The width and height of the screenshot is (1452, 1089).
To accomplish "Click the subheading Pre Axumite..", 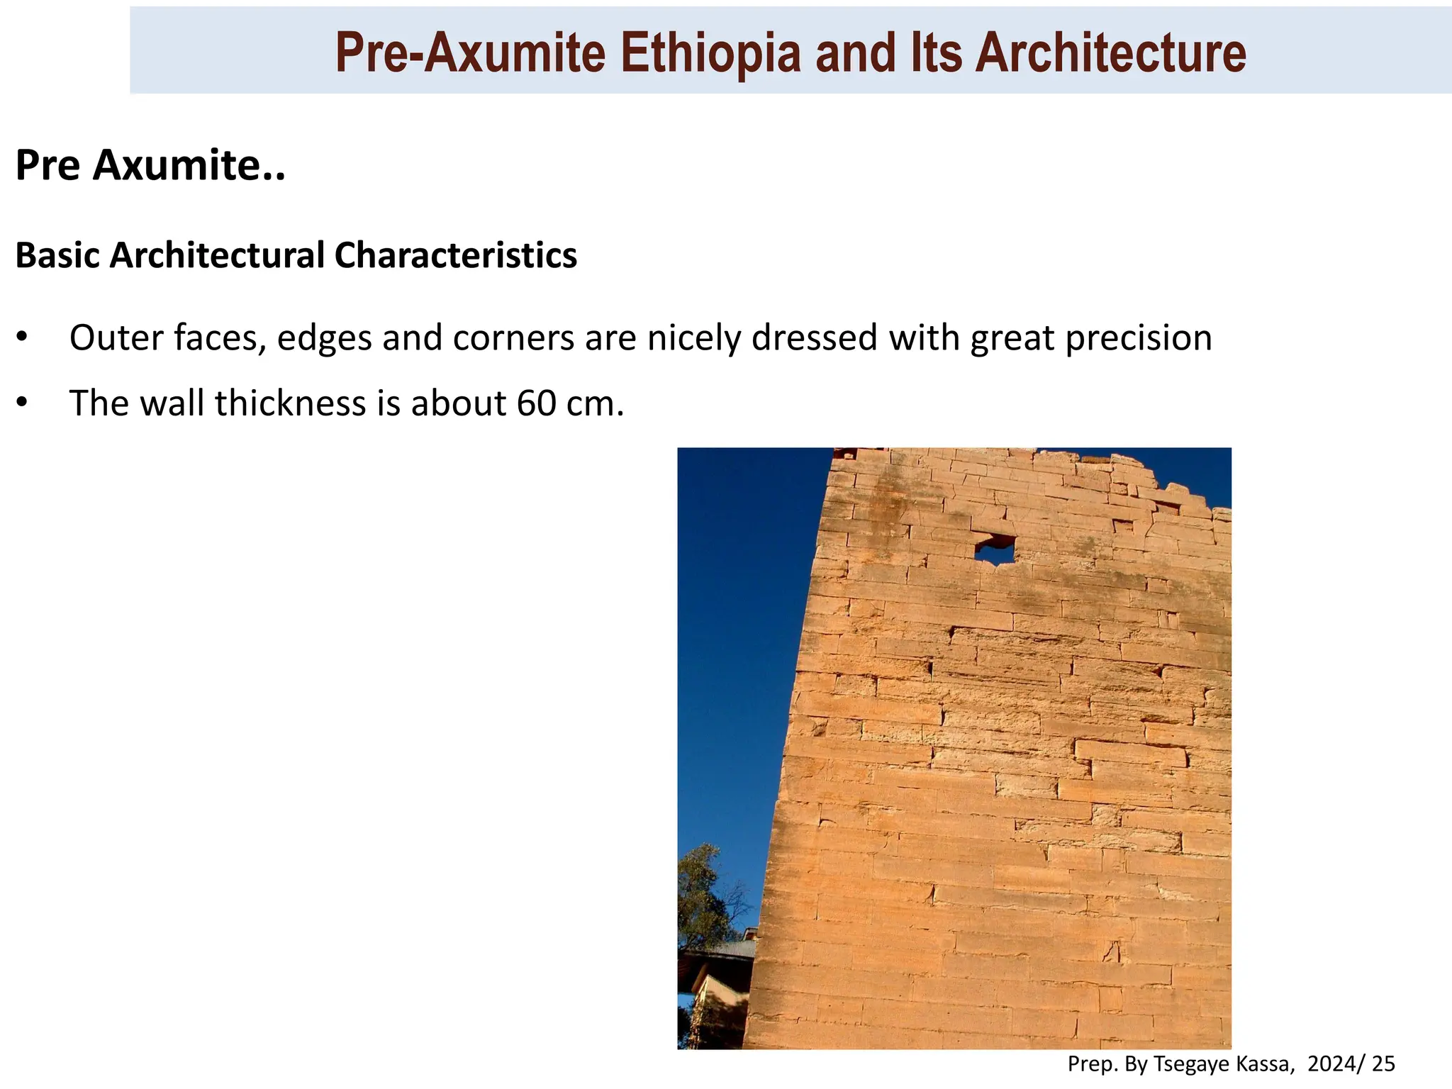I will tap(150, 165).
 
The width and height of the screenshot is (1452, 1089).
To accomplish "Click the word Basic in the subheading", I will tap(58, 255).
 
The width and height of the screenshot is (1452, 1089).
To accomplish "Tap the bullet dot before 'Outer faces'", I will tap(22, 337).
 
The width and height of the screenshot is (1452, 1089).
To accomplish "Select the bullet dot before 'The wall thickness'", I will tap(22, 402).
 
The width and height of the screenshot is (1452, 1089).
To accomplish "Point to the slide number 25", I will tap(1383, 1063).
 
